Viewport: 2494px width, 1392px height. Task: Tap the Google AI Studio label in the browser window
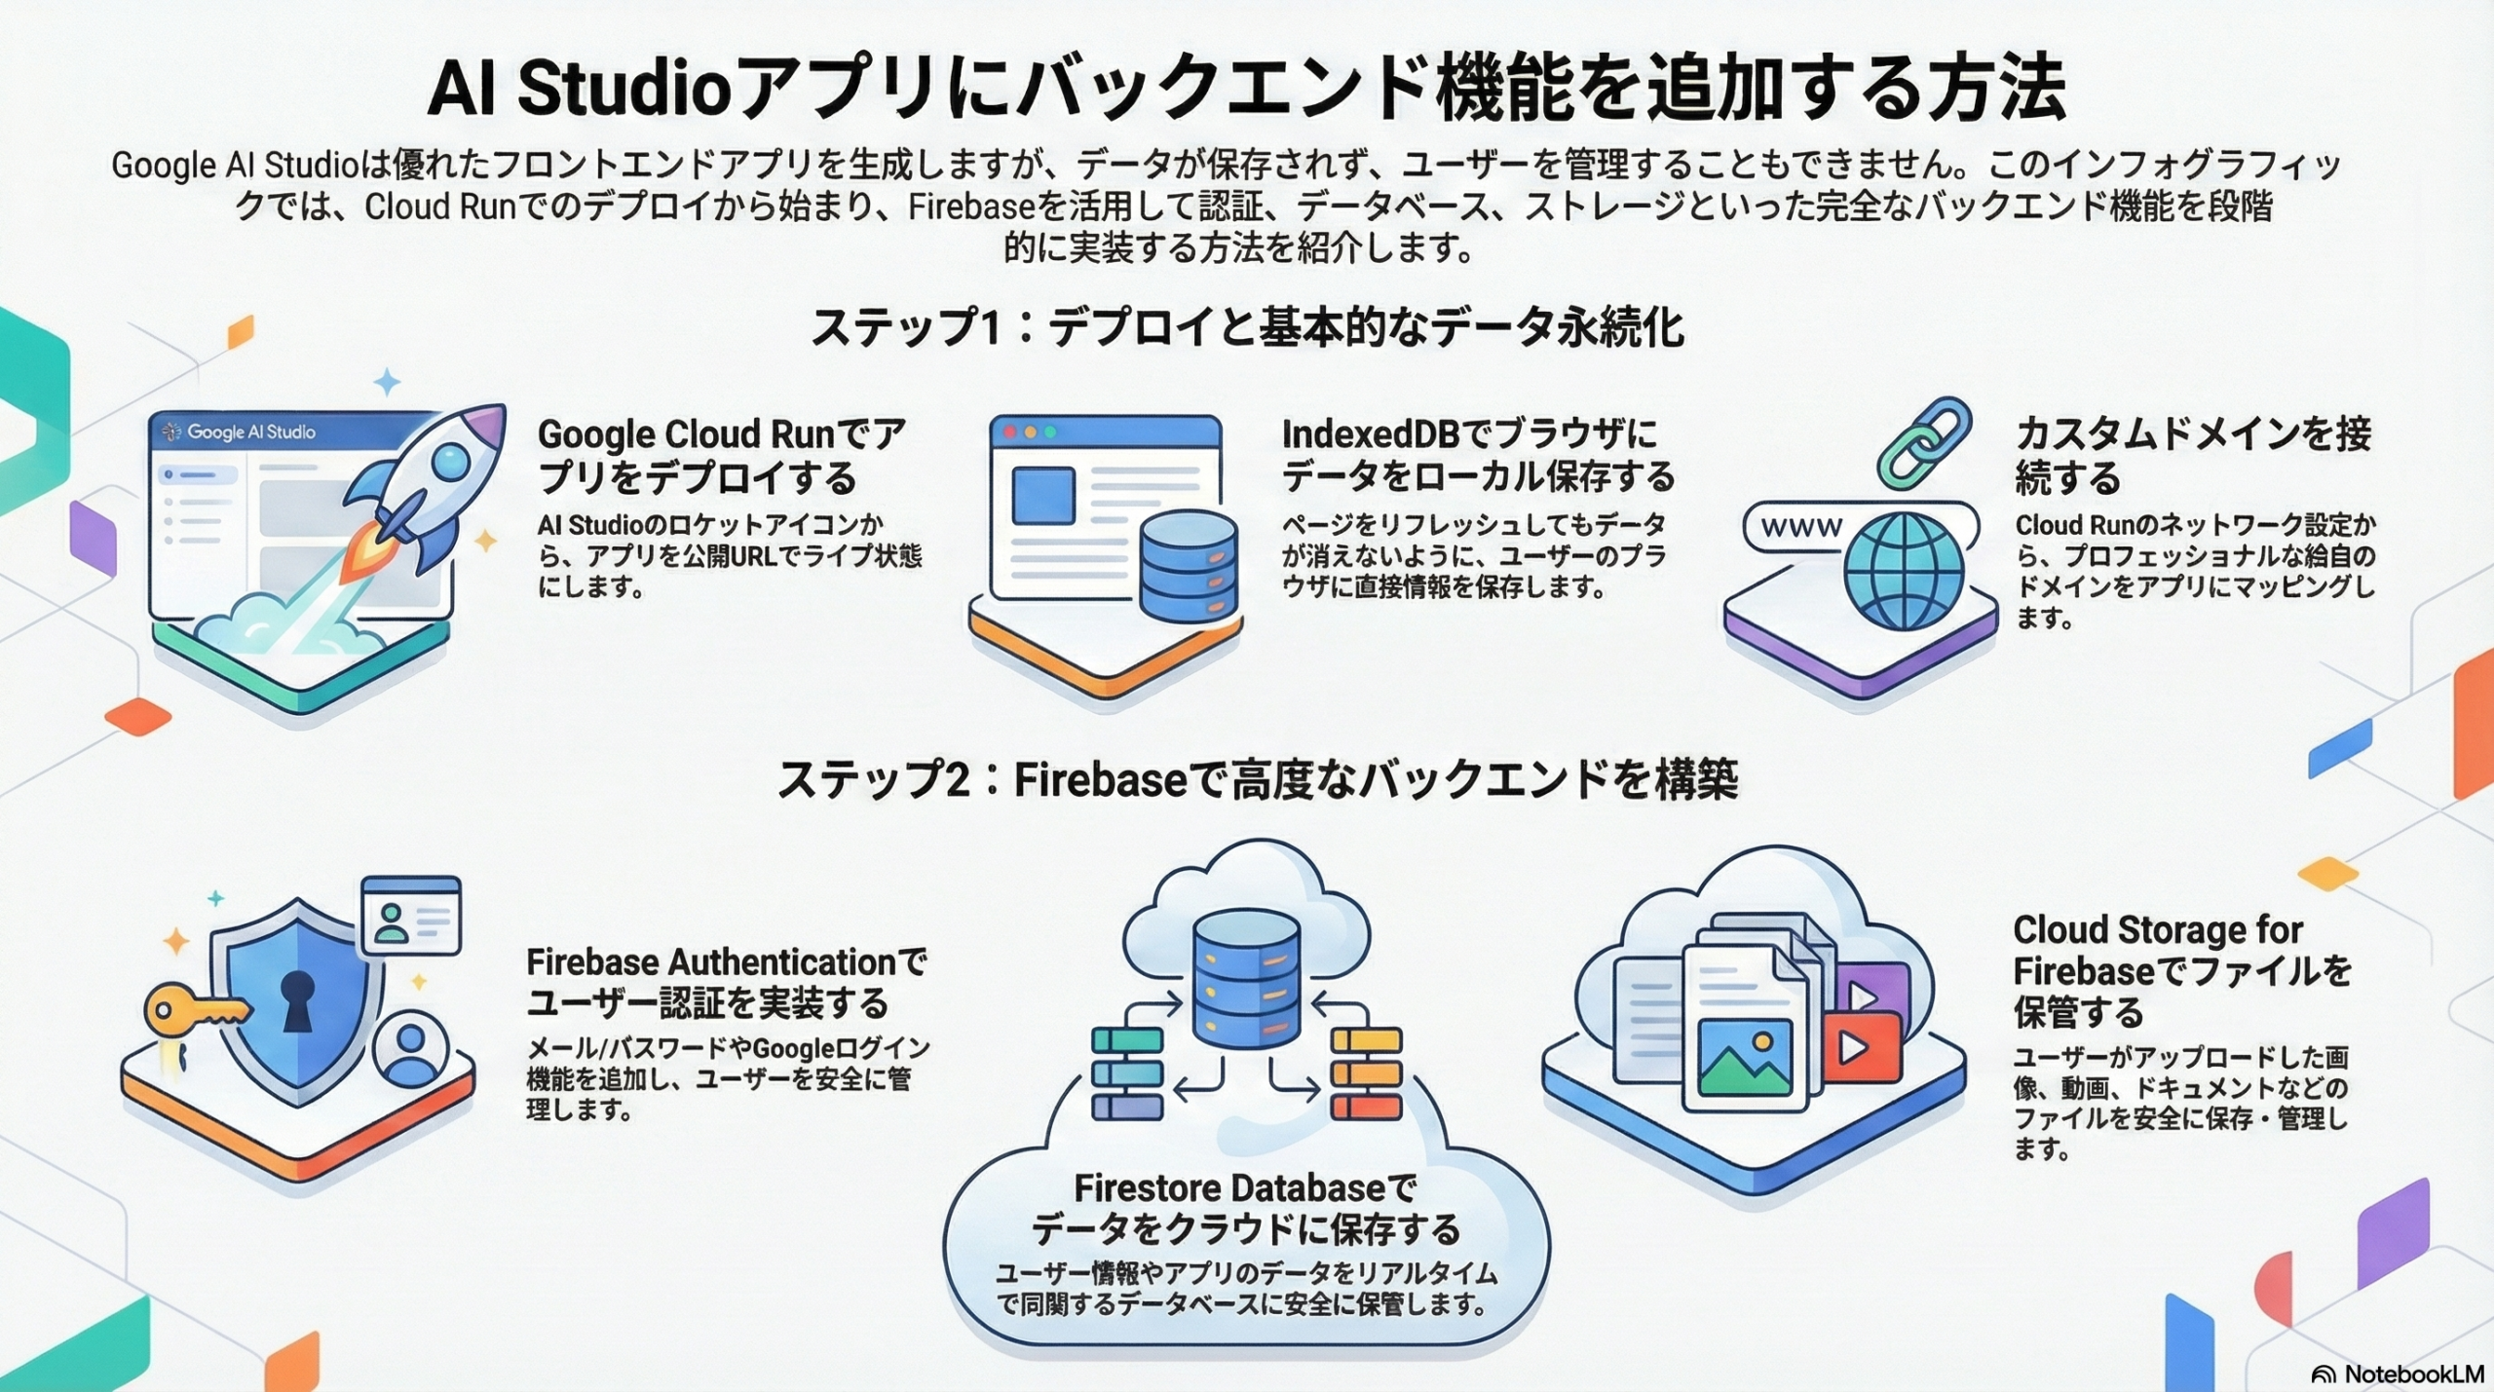coord(250,432)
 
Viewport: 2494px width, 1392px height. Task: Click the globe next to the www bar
coord(1903,571)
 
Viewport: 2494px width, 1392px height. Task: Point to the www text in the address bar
coord(1801,527)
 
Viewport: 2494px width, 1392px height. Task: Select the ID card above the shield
coord(410,916)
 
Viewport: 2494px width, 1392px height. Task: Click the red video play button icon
coord(1862,1047)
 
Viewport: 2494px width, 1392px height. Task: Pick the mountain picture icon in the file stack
coord(1744,1057)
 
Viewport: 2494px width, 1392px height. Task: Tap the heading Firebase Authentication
coord(711,962)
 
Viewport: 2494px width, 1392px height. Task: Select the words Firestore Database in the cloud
coord(1228,1187)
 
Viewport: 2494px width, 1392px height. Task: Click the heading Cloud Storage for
coord(2157,930)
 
